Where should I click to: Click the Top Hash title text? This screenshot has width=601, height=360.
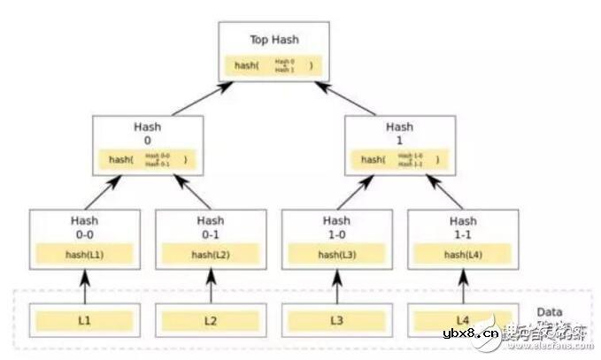(274, 40)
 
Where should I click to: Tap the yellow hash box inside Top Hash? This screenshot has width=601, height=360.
(274, 65)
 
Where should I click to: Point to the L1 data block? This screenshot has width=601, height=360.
(84, 319)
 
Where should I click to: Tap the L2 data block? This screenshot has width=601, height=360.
(211, 319)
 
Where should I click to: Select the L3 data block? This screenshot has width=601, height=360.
(336, 319)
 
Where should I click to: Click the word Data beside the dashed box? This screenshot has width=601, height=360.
(550, 312)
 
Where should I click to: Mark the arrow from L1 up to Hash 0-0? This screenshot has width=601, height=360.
(84, 285)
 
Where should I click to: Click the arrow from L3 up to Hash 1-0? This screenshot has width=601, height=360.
(336, 285)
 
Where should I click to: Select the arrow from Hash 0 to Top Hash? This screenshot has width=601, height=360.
(203, 98)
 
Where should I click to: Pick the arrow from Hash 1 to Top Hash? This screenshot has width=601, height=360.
(346, 98)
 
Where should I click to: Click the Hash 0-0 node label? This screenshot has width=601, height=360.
(84, 226)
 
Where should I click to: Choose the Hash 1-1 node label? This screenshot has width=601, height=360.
(462, 226)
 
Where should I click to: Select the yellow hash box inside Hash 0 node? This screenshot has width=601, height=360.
(148, 160)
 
